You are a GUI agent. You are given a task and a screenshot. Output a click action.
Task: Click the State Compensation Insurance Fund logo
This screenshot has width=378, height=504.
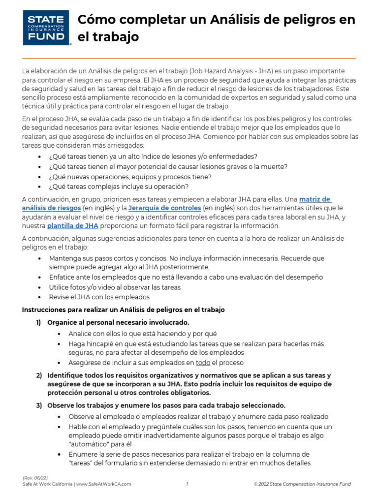pyautogui.click(x=47, y=28)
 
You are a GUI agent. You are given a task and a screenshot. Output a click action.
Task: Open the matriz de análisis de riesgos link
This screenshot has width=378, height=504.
pyautogui.click(x=315, y=199)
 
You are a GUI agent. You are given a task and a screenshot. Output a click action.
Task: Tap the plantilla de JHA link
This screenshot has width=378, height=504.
pyautogui.click(x=73, y=226)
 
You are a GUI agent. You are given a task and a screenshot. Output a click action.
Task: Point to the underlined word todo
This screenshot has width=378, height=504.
pyautogui.click(x=203, y=363)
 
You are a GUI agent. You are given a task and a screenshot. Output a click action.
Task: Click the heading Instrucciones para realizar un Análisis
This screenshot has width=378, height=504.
pyautogui.click(x=124, y=310)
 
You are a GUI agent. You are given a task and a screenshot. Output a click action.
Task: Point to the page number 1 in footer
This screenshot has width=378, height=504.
pyautogui.click(x=188, y=484)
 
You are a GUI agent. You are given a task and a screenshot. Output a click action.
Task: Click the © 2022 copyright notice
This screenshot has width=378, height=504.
pyautogui.click(x=302, y=484)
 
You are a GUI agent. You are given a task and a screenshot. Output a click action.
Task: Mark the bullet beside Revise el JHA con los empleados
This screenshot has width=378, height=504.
pyautogui.click(x=40, y=297)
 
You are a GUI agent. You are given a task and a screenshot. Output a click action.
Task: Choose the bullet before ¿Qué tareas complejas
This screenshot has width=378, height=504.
pyautogui.click(x=40, y=187)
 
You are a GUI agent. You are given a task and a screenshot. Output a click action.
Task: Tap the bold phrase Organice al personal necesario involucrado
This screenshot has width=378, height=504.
pyautogui.click(x=118, y=322)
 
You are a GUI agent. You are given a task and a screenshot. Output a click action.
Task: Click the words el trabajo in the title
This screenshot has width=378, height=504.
pyautogui.click(x=109, y=36)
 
